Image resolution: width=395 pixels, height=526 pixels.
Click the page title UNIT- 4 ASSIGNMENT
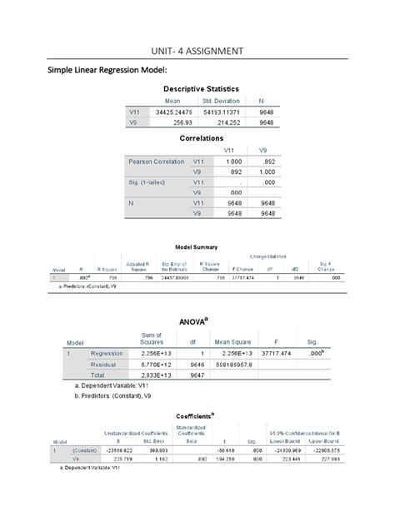coord(197,52)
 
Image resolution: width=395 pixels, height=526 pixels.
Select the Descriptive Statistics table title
coord(201,87)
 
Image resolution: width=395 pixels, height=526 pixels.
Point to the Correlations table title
coord(202,138)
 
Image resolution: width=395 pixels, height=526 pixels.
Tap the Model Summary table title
coord(197,247)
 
